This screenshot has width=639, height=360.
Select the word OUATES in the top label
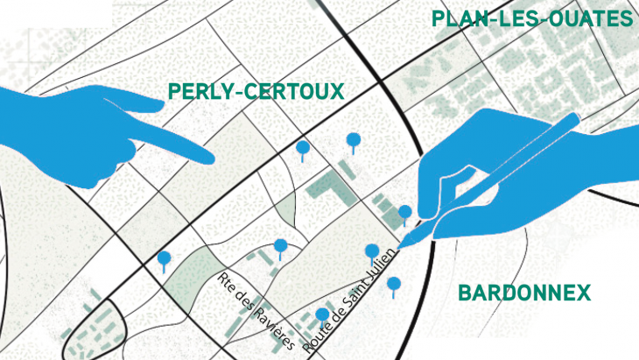pos(588,19)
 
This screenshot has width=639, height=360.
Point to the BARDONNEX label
pos(524,293)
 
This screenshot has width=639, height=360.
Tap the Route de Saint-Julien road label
pos(351,300)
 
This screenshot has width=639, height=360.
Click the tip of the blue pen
pos(404,244)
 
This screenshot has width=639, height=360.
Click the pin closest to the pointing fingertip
pos(302,148)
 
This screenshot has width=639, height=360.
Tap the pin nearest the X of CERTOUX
pos(354,139)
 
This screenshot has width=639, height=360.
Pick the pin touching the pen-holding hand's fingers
pos(404,212)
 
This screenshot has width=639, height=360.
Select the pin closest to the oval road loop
pos(164,258)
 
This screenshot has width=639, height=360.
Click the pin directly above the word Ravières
pos(280,246)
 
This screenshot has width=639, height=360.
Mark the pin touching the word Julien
pos(372,252)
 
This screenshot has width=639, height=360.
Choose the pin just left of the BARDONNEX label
pos(394,284)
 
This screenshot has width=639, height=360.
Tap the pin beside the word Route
pos(322,314)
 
